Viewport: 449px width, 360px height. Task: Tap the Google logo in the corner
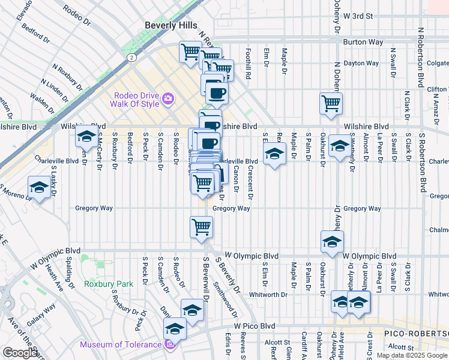click(x=19, y=353)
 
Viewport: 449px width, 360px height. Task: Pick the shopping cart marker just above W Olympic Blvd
click(x=201, y=227)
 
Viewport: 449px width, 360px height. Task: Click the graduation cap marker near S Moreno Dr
click(x=40, y=188)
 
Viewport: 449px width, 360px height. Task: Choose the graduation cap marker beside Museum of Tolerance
click(x=175, y=328)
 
